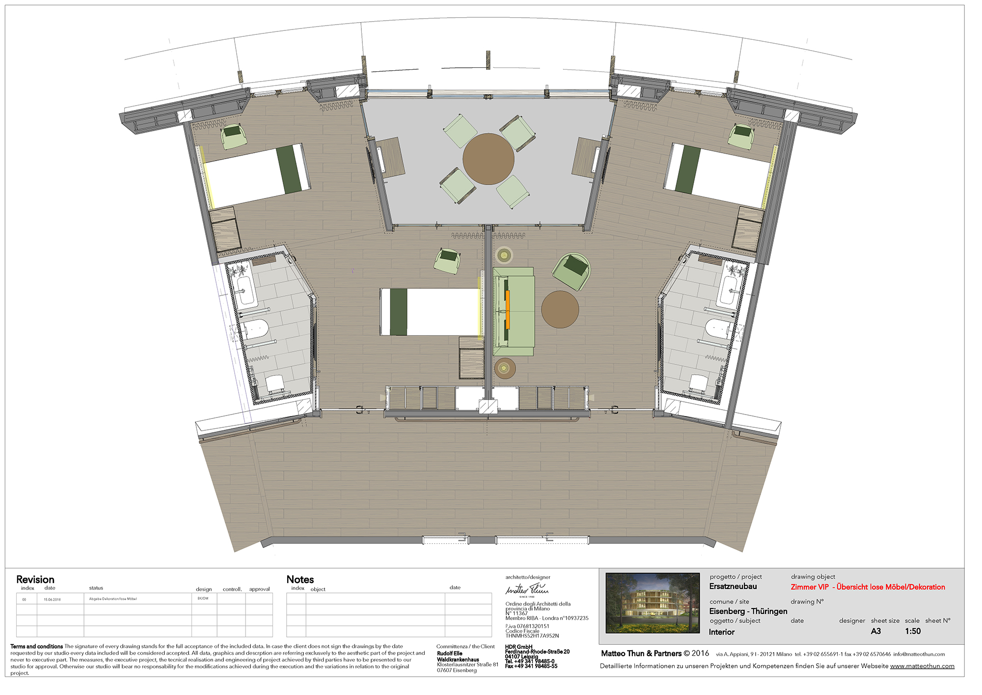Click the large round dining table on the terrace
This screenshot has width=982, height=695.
488,159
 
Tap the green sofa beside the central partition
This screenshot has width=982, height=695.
514,311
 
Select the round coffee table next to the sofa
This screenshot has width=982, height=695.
560,309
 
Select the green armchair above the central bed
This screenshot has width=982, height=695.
447,260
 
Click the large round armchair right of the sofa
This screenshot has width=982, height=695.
572,271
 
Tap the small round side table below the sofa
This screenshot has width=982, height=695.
504,368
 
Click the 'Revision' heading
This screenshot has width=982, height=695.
35,580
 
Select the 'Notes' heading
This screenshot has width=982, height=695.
300,580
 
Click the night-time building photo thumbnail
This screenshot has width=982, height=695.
653,603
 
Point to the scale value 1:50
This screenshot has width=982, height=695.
913,632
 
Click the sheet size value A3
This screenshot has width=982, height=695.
876,632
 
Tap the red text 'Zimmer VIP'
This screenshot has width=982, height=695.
810,587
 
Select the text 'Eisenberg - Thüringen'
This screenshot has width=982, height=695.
748,612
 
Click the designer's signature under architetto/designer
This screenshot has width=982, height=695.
527,589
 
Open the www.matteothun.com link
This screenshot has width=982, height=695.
922,667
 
